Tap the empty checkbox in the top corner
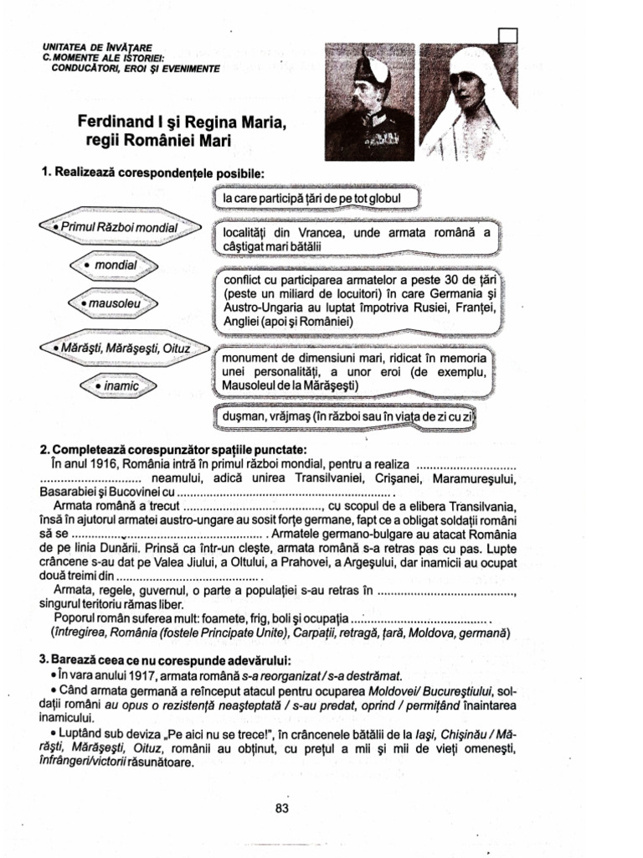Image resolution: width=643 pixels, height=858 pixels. (507, 36)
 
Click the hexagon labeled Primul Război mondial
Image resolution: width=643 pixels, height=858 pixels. (119, 228)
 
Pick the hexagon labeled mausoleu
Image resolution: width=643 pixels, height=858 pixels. (113, 300)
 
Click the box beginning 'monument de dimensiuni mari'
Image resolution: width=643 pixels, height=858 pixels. (356, 371)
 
